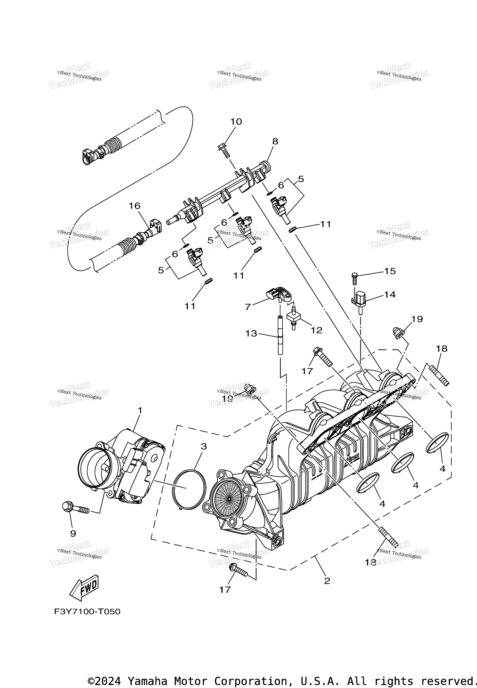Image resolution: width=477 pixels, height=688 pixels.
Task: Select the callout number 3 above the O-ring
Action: click(204, 447)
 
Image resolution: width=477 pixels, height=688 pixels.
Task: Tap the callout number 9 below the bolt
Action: click(73, 533)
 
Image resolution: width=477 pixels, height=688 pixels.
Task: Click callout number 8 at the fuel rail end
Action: click(275, 141)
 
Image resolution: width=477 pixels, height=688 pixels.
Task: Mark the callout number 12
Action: click(316, 330)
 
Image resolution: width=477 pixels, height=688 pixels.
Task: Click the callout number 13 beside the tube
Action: click(251, 333)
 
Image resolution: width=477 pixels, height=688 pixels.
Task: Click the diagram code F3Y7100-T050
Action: click(87, 612)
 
